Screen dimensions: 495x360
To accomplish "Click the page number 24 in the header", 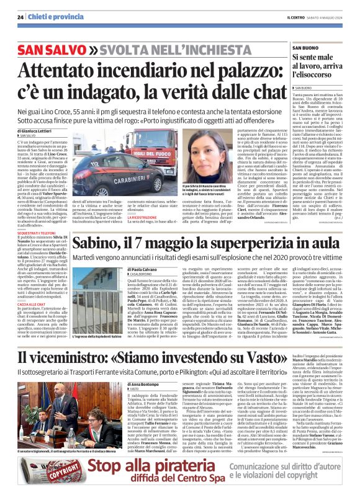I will pos(20,17).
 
